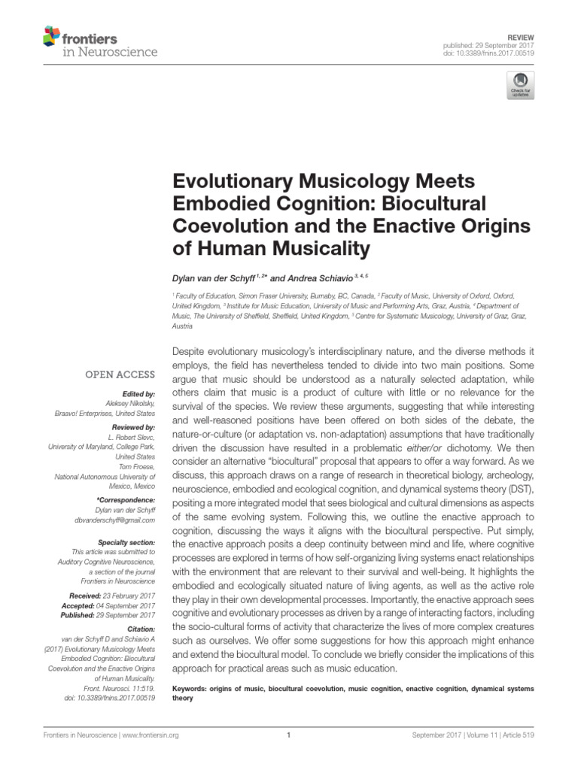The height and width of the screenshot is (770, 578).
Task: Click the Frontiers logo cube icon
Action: click(x=52, y=35)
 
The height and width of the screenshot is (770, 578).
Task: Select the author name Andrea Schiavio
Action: click(x=295, y=279)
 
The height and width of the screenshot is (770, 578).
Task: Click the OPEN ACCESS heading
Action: click(x=121, y=374)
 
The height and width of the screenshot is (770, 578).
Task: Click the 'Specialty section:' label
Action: click(x=126, y=542)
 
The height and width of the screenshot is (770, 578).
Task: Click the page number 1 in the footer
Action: click(x=289, y=736)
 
